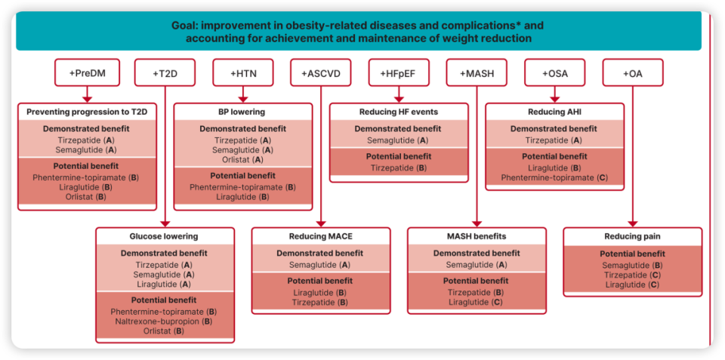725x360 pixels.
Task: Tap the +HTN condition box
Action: coord(242,72)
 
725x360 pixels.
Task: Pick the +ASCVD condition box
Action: coord(321,72)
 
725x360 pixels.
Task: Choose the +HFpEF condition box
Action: coord(399,72)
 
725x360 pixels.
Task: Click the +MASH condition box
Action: coord(477,72)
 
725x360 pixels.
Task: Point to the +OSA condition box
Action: coord(555,72)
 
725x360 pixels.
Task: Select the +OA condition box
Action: coord(633,72)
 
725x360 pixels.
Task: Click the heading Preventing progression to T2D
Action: coord(88,112)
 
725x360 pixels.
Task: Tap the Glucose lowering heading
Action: coord(164,236)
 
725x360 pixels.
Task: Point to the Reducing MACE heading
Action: coord(321,236)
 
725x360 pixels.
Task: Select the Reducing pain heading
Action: coord(632,236)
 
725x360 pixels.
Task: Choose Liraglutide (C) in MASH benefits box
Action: coord(475,302)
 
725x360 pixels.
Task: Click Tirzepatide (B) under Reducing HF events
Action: coord(399,168)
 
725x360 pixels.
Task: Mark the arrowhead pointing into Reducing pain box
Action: coord(633,224)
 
